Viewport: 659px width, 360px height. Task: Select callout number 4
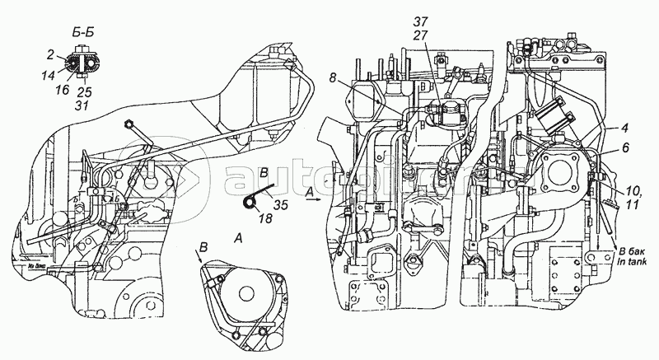point(604,128)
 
